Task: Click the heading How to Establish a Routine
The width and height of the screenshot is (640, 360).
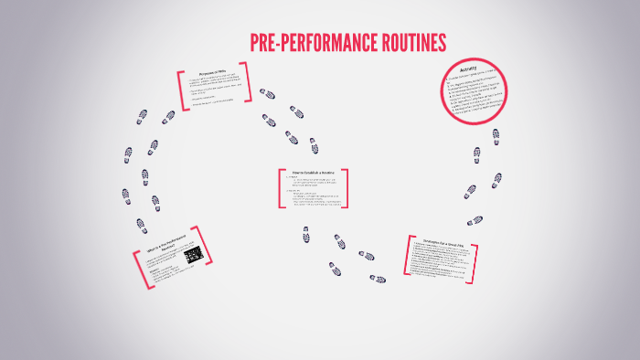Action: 313,175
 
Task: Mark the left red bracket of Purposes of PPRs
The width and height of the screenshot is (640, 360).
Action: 182,89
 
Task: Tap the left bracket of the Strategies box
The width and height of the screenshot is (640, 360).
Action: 407,258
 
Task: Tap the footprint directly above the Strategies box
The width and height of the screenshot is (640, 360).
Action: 475,220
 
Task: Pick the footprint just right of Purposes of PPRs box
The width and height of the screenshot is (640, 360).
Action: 266,93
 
